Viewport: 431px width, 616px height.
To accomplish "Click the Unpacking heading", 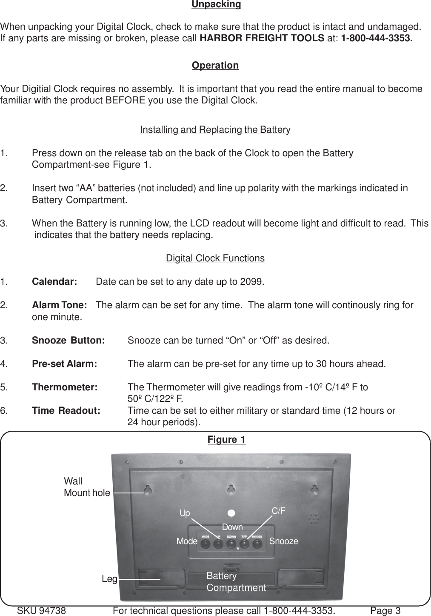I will [x=216, y=5].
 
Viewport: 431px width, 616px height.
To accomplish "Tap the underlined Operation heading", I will [x=215, y=66].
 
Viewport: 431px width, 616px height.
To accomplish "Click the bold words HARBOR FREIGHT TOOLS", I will [x=262, y=38].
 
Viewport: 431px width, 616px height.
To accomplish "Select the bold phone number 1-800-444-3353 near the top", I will [x=377, y=38].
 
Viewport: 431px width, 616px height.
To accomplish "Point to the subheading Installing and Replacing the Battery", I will [x=215, y=130].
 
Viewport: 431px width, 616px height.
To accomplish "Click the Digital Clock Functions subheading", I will [x=215, y=258].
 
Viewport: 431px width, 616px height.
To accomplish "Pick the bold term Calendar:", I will [x=54, y=282].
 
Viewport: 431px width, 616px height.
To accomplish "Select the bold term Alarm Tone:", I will [x=60, y=305].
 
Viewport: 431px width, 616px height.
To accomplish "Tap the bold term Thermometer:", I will [x=65, y=387].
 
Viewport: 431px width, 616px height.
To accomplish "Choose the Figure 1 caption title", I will [x=226, y=439].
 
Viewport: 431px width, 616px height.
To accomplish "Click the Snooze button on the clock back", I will [x=257, y=544].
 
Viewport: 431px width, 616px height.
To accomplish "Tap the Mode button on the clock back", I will [x=205, y=544].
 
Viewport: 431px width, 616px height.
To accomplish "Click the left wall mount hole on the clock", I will [x=148, y=490].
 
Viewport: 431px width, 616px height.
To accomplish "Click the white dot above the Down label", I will [x=231, y=512].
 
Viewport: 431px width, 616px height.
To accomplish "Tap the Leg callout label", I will [x=109, y=579].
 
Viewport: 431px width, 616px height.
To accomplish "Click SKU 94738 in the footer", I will [x=41, y=611].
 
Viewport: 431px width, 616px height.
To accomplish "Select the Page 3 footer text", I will [x=385, y=611].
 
